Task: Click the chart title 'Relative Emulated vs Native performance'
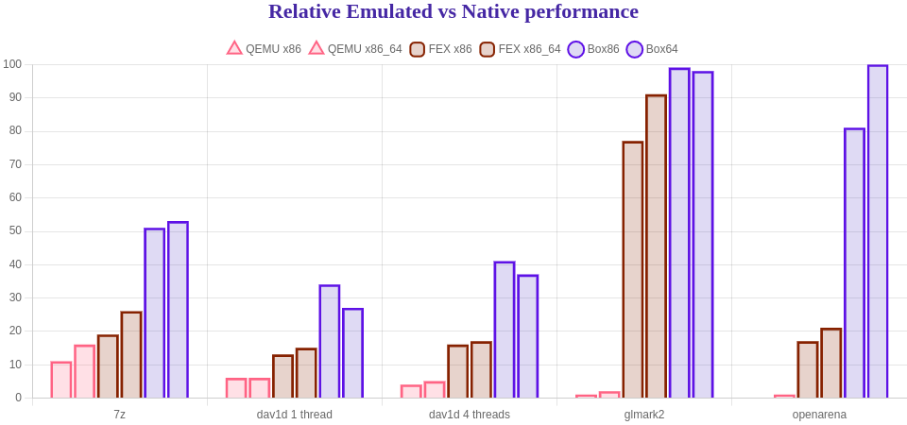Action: pyautogui.click(x=453, y=12)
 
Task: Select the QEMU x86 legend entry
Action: pyautogui.click(x=264, y=48)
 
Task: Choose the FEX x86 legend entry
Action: pyautogui.click(x=440, y=48)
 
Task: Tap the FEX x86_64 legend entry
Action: pyautogui.click(x=520, y=48)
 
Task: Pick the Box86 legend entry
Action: pyautogui.click(x=593, y=48)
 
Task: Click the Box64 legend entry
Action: pyautogui.click(x=652, y=48)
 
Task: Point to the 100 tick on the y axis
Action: pyautogui.click(x=12, y=64)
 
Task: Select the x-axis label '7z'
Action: pyautogui.click(x=119, y=415)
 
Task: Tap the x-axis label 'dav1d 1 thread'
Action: pyautogui.click(x=294, y=415)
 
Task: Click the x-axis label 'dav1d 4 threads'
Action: pyautogui.click(x=470, y=415)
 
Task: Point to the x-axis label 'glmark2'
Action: pyautogui.click(x=644, y=415)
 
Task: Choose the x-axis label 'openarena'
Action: pyautogui.click(x=819, y=415)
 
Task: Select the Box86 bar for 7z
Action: pyautogui.click(x=154, y=313)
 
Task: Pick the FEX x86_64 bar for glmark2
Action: pyautogui.click(x=657, y=246)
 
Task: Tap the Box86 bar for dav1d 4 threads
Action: pyautogui.click(x=505, y=330)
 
